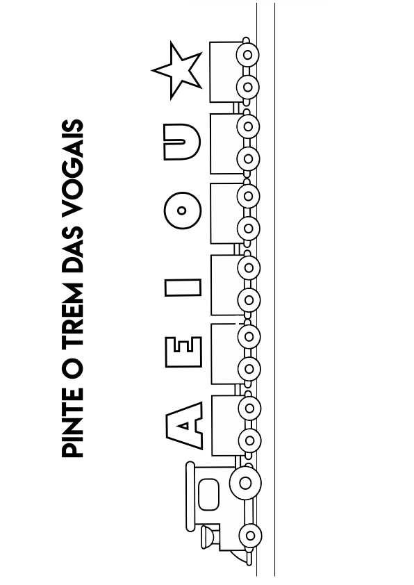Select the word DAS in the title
tap(72, 248)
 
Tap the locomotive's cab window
tap(208, 494)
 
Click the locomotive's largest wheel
tap(245, 483)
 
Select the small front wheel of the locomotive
tap(250, 536)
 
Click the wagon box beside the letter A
tap(226, 426)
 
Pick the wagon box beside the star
tap(225, 72)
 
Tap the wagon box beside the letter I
tap(226, 285)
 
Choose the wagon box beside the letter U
tap(226, 144)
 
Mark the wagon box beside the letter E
tap(226, 354)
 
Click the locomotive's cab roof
tap(190, 497)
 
